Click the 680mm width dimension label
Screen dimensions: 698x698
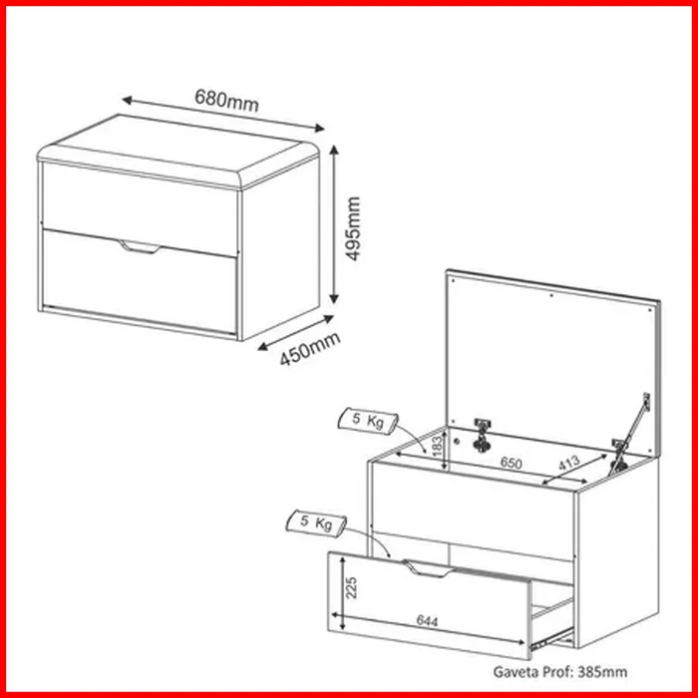(x=226, y=100)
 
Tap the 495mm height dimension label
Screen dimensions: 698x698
(x=353, y=228)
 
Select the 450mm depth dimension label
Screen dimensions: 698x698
(x=310, y=349)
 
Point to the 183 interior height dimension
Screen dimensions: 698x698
(x=438, y=447)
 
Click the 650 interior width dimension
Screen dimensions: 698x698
(x=511, y=463)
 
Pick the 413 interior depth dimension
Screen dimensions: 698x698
(x=569, y=463)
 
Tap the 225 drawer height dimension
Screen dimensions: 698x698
(x=351, y=587)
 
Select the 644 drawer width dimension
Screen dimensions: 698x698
(x=427, y=620)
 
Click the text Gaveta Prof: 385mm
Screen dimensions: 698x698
(x=560, y=671)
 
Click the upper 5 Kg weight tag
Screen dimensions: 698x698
(x=368, y=420)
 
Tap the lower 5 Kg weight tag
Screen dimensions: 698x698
(x=316, y=523)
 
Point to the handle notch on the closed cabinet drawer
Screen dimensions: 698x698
(x=140, y=247)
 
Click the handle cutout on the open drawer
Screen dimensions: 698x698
(x=428, y=568)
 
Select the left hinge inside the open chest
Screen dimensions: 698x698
(x=481, y=435)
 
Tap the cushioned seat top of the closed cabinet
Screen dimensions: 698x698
(x=178, y=151)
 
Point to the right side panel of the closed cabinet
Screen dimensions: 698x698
(x=280, y=249)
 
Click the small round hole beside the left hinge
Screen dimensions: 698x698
(x=457, y=441)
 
